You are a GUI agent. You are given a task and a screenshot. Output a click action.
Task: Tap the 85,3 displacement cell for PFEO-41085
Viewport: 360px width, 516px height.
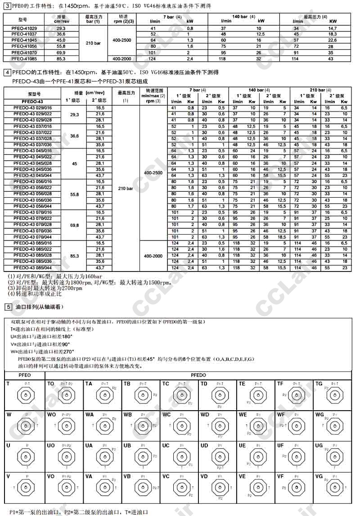click(x=61, y=59)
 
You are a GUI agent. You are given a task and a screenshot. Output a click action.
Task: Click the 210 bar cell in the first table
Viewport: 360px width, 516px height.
click(x=94, y=43)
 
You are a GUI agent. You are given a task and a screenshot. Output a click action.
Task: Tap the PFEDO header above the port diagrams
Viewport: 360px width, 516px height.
click(x=198, y=375)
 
